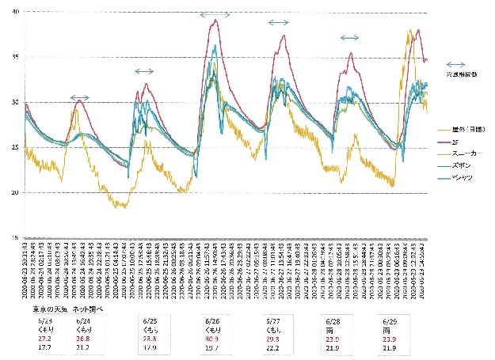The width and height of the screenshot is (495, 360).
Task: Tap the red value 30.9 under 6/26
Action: [213, 339]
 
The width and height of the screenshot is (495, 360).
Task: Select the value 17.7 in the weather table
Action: [44, 347]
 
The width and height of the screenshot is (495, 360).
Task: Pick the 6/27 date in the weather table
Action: [273, 322]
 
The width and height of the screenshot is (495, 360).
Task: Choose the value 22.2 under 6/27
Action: [273, 347]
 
